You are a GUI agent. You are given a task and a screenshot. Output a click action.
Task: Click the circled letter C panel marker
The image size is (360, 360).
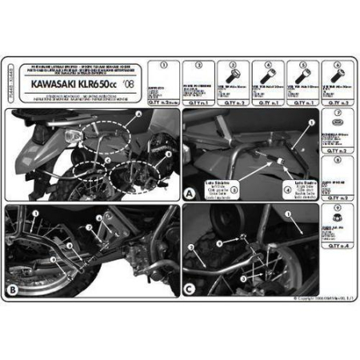(189, 289)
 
